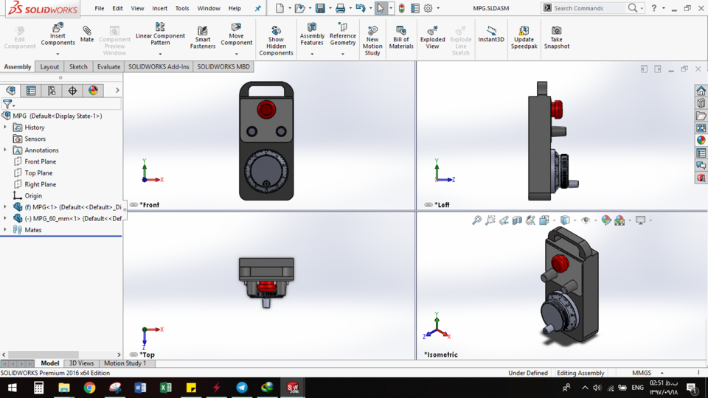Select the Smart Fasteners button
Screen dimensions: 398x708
pos(203,38)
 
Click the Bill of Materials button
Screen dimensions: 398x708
pos(401,38)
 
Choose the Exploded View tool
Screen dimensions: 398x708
pos(432,38)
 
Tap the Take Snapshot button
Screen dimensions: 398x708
pos(557,38)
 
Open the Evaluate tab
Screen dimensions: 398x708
pos(108,66)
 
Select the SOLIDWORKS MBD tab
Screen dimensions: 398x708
pos(223,66)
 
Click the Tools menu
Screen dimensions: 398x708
pos(182,8)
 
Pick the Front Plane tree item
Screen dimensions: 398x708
pos(40,161)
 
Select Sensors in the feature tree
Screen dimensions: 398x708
pos(35,139)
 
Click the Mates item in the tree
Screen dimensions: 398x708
pos(32,230)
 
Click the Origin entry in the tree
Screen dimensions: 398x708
pos(33,196)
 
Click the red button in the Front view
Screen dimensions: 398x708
pos(265,110)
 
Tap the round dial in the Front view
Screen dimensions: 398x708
pos(265,170)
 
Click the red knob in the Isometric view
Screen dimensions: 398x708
pos(560,262)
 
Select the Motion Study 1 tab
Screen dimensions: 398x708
pos(125,363)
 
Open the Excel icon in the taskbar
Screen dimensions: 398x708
pos(165,388)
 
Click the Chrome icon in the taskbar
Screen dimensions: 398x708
pos(89,388)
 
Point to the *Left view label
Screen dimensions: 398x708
pos(442,205)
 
